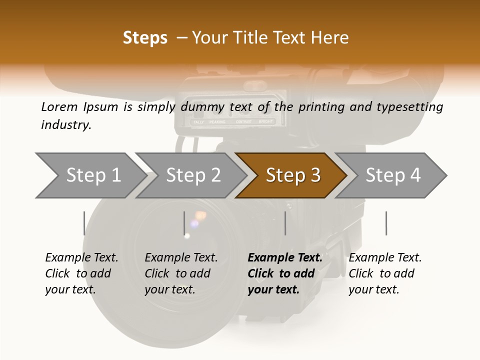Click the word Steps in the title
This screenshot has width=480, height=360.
pyautogui.click(x=145, y=38)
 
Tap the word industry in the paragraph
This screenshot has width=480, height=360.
pyautogui.click(x=65, y=125)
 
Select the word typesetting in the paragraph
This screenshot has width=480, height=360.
pyautogui.click(x=411, y=106)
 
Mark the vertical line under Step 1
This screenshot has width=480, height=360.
pyautogui.click(x=84, y=223)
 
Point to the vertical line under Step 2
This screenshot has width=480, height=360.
pyautogui.click(x=184, y=223)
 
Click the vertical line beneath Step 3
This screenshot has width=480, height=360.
pyautogui.click(x=285, y=223)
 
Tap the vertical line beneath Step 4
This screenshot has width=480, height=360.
pyautogui.click(x=386, y=223)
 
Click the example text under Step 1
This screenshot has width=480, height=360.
pyautogui.click(x=81, y=273)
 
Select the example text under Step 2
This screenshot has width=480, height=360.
pyautogui.click(x=181, y=273)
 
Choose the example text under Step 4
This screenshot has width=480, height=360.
pyautogui.click(x=385, y=273)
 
